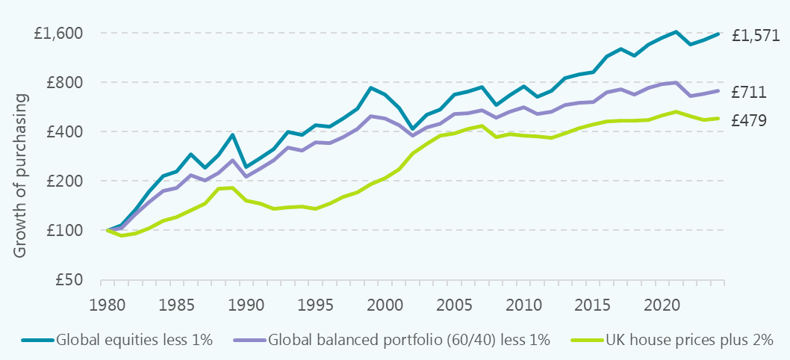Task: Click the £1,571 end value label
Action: coord(756,35)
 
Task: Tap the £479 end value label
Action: coord(749,120)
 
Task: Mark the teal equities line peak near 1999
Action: coord(371,87)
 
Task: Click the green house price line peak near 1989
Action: coord(232,187)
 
